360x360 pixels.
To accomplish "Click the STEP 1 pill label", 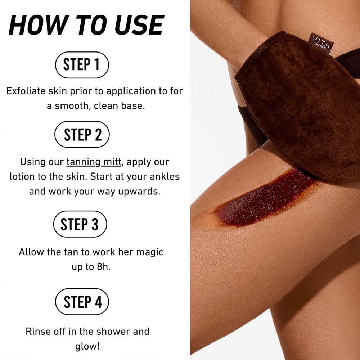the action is coord(82,65).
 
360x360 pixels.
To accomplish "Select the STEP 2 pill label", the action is coord(82,134).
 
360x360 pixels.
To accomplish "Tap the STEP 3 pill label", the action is coord(80,224).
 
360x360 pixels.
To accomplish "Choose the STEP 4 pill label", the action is coord(82,302).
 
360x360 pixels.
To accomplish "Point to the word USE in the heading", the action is coord(139,25).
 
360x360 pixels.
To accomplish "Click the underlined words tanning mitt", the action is coord(94,162).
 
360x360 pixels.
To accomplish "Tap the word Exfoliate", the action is coord(26,91).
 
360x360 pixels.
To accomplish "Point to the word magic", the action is coord(150,252).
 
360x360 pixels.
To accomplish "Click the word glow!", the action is coord(87,347).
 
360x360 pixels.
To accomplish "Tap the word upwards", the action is coord(139,192).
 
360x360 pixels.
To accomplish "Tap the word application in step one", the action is coord(131,91).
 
